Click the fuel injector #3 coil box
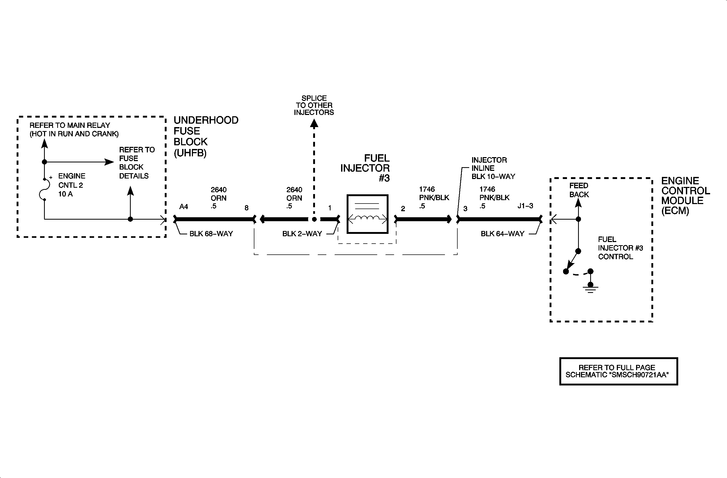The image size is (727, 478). click(x=367, y=214)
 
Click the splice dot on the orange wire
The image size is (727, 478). click(x=314, y=219)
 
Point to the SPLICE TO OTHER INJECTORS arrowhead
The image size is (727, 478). click(x=314, y=123)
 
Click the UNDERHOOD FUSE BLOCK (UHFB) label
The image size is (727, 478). click(x=206, y=136)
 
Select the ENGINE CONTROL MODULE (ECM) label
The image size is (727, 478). click(x=685, y=195)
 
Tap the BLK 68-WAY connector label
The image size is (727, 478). click(x=211, y=234)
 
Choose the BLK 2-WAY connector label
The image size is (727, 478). click(x=302, y=234)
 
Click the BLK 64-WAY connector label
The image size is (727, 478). click(x=502, y=234)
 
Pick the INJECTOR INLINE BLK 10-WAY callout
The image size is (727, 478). click(x=493, y=168)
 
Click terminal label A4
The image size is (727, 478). click(x=183, y=207)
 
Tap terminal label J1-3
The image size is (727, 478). click(x=525, y=206)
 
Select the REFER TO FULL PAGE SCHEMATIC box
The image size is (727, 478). click(x=619, y=371)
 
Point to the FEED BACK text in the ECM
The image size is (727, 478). click(x=579, y=190)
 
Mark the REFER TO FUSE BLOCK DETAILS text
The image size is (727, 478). click(x=137, y=163)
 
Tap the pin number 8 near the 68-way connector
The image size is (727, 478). click(x=246, y=208)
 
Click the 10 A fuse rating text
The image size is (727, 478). click(x=65, y=194)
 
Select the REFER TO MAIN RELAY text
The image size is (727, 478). click(x=74, y=129)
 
